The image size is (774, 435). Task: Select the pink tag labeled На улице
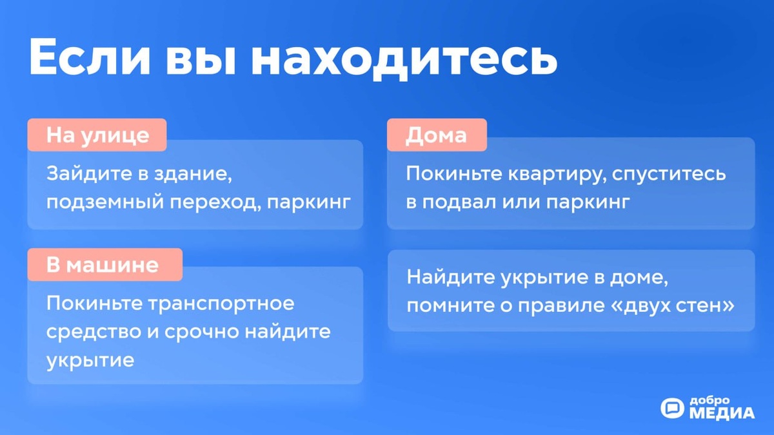coord(97,135)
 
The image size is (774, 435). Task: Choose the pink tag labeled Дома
coord(436,135)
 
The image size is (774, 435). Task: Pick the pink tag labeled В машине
coord(104,265)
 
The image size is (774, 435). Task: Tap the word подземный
coord(94,202)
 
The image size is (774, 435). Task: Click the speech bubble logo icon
coord(672,408)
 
